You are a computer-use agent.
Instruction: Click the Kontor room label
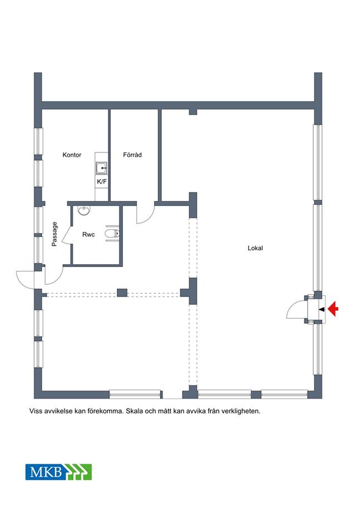pos(72,155)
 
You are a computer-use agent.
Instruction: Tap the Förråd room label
pos(132,155)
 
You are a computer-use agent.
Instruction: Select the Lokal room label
pos(255,248)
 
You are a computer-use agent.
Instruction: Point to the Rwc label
pos(88,234)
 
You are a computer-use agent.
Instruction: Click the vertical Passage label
pos(55,234)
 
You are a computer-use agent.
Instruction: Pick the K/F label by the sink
pos(102,182)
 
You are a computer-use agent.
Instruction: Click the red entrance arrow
pos(333,309)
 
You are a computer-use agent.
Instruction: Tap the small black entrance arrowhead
pos(322,309)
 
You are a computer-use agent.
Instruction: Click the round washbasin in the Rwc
pos(84,210)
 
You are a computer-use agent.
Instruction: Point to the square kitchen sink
pos(101,168)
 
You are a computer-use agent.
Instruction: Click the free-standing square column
pos(122,293)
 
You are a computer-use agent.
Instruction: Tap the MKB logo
pos(58,472)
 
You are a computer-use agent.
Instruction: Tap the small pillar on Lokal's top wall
pos(193,112)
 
